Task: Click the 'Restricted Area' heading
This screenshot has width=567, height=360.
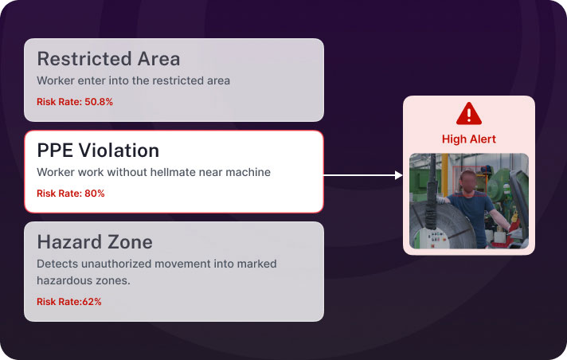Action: click(108, 59)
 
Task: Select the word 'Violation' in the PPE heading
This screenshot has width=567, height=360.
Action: click(119, 151)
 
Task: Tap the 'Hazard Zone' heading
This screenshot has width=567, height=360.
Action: click(95, 241)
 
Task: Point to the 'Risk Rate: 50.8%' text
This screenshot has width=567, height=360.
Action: click(75, 102)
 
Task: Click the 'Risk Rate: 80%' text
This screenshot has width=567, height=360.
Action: click(71, 194)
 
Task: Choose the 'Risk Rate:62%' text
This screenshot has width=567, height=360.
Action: click(69, 301)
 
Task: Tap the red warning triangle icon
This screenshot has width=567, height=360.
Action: click(469, 114)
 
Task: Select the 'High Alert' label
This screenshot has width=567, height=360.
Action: click(469, 139)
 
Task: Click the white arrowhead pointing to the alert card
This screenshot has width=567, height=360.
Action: click(399, 175)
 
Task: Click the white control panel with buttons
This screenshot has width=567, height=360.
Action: click(432, 238)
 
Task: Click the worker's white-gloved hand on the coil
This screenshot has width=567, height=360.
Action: click(441, 199)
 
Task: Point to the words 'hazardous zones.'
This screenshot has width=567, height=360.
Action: click(84, 280)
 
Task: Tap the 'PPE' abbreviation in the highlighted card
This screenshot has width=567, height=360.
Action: click(56, 151)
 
